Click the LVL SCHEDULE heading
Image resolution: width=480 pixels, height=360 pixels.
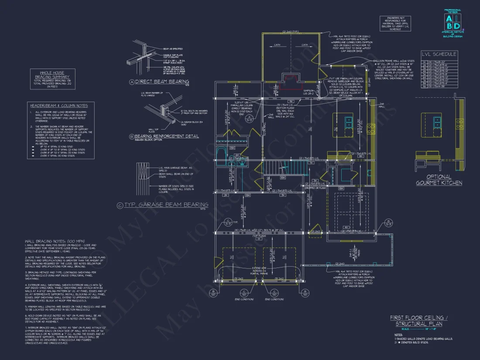pos(439,54)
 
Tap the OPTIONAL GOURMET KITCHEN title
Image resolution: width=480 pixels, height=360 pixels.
pos(439,180)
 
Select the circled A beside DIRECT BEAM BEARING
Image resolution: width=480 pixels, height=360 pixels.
pos(132,82)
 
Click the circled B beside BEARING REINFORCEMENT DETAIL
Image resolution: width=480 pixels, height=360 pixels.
pos(132,137)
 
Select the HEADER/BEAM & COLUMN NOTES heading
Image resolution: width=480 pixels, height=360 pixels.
pos(58,106)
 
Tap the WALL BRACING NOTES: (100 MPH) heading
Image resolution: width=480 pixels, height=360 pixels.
pos(54,241)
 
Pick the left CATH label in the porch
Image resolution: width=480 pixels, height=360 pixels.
pos(277,45)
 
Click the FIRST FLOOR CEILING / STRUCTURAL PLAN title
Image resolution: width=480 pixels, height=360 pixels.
pos(416,321)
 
